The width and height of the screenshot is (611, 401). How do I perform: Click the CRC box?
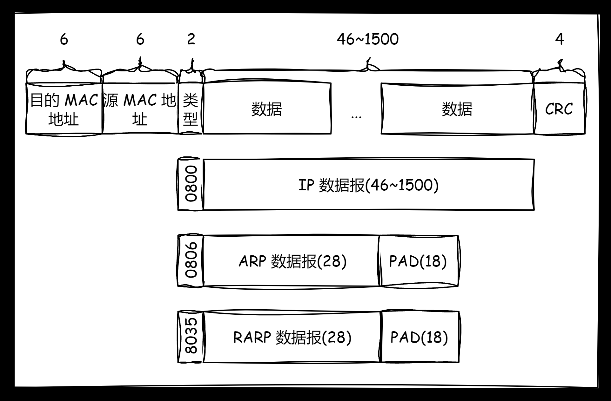[x=559, y=108]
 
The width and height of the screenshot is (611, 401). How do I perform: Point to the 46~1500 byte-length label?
[x=367, y=39]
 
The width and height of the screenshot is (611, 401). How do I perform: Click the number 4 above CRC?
[x=559, y=39]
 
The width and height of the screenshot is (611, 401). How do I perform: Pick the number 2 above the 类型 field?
[x=191, y=39]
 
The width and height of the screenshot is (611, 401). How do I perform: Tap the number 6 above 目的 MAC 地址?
[x=64, y=39]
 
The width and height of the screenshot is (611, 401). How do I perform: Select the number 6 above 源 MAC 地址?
[x=140, y=39]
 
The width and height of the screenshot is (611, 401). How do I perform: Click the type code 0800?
[x=191, y=184]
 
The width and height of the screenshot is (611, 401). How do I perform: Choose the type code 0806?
[x=191, y=260]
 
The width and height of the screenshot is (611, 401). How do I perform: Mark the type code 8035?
[x=191, y=337]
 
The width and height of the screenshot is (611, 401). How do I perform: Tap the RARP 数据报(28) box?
[x=292, y=337]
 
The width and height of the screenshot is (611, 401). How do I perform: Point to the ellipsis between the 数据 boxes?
[x=356, y=117]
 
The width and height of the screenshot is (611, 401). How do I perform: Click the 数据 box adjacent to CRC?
[x=457, y=108]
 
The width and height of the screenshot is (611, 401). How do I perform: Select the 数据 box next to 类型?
[x=267, y=108]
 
